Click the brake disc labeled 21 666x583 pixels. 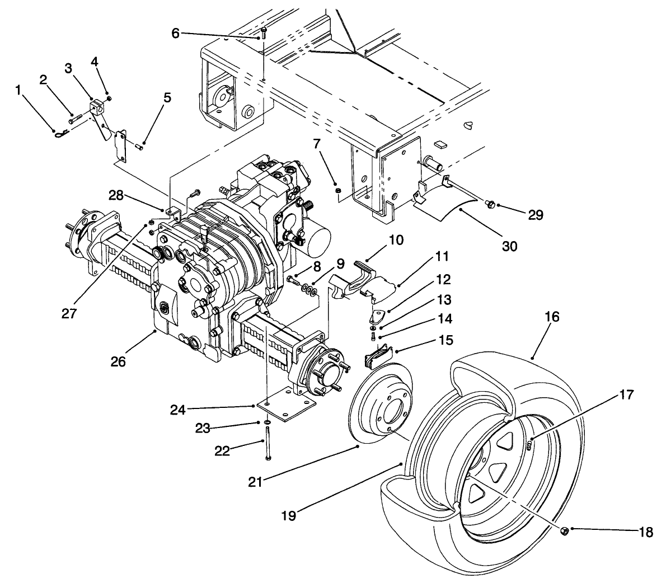pos(381,403)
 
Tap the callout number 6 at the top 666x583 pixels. pos(175,34)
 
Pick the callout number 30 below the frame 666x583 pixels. pos(509,246)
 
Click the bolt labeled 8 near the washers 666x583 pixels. pos(292,279)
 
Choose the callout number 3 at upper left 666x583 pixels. pos(68,68)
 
